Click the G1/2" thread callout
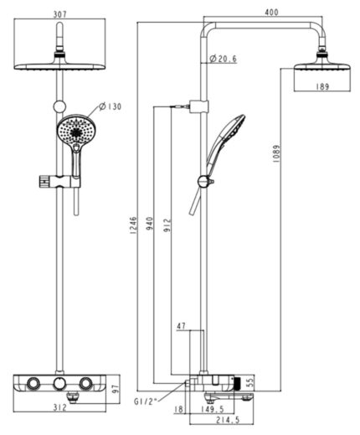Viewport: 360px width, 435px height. [x=147, y=401]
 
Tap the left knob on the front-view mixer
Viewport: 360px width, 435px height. [x=30, y=383]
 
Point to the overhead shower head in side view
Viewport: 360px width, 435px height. [x=319, y=67]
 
